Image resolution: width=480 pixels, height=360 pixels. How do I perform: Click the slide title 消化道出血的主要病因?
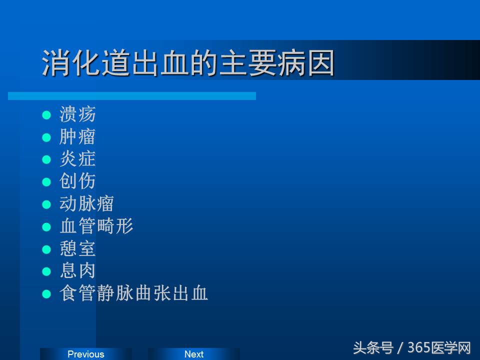(188, 63)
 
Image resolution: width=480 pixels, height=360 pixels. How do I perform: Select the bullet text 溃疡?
(77, 114)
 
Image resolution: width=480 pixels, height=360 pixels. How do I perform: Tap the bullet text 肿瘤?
(77, 137)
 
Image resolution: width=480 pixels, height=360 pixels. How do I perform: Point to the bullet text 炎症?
(77, 159)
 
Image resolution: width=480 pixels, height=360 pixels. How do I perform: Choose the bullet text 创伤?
(77, 181)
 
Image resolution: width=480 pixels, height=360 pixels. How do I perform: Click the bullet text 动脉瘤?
(87, 203)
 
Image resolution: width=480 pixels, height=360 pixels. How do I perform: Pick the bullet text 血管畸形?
(96, 226)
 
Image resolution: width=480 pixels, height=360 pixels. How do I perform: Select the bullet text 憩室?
(77, 248)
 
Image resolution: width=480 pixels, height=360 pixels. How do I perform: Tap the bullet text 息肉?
(77, 270)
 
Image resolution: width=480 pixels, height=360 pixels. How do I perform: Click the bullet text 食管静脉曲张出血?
(133, 293)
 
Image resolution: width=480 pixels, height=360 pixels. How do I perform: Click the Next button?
(194, 354)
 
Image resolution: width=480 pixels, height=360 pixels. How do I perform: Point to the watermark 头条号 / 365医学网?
(412, 347)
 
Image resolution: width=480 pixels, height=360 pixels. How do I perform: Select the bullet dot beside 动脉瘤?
(46, 204)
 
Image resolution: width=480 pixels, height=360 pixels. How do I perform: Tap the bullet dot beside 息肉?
(46, 271)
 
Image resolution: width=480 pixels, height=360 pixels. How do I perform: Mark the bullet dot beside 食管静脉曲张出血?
(46, 294)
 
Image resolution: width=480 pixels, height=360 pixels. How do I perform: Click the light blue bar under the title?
(132, 95)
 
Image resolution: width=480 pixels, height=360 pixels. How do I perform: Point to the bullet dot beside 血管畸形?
(46, 227)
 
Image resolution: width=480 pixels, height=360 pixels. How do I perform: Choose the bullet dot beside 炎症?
(46, 160)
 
